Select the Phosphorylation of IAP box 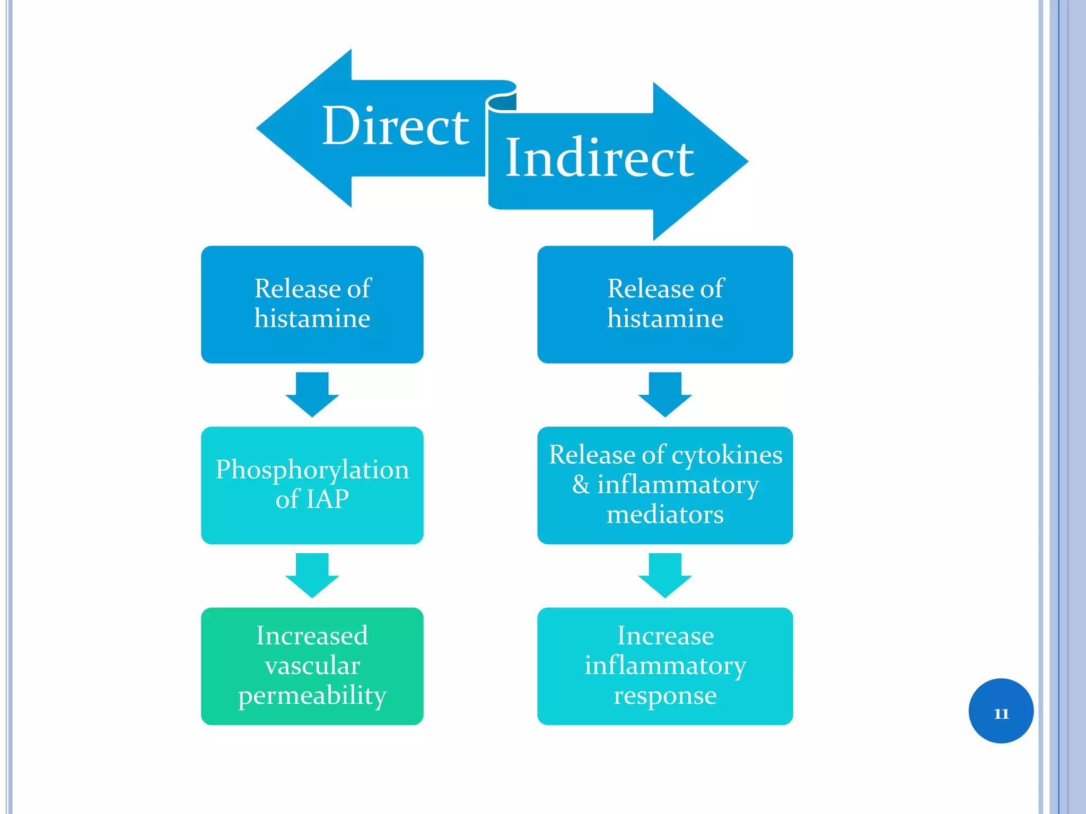point(312,485)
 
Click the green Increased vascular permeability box point(312,666)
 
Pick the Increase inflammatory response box point(665,666)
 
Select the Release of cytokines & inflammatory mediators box point(665,485)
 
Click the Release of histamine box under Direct point(312,304)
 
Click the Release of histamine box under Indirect point(665,304)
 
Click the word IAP point(327,499)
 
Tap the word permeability point(312,696)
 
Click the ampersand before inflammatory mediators point(581,484)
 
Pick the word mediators point(665,515)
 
